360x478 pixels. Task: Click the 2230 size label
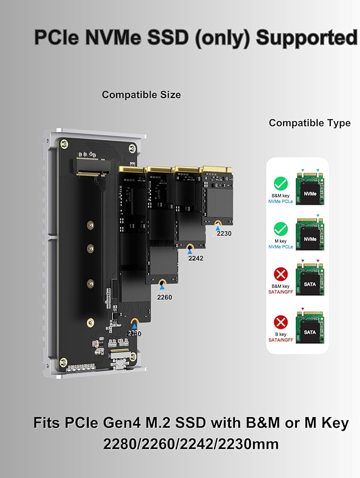tap(224, 234)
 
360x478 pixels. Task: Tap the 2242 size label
tap(196, 258)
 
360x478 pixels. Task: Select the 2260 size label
tap(164, 297)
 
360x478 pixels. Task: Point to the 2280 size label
tap(134, 333)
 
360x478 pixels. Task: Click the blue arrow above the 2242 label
tap(190, 252)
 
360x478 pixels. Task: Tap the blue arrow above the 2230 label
tap(217, 227)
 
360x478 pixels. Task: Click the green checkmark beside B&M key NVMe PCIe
tap(280, 184)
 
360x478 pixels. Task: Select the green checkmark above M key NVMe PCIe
tap(280, 229)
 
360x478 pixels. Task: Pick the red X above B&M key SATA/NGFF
tap(280, 274)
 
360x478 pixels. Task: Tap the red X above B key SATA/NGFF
tap(280, 322)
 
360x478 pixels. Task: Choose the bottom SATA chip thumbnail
tap(310, 327)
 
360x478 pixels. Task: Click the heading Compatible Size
tap(141, 95)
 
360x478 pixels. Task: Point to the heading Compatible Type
tap(310, 123)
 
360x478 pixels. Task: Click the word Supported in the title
tap(306, 38)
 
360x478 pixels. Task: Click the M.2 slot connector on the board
tap(91, 167)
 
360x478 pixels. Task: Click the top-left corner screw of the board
tap(64, 144)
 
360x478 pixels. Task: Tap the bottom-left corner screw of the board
tap(63, 362)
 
